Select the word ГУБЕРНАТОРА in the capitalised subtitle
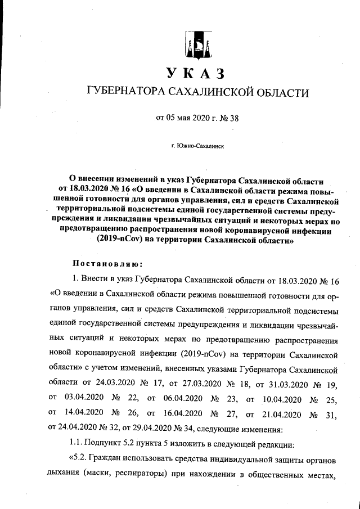coord(120,92)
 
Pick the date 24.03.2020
coord(120,383)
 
